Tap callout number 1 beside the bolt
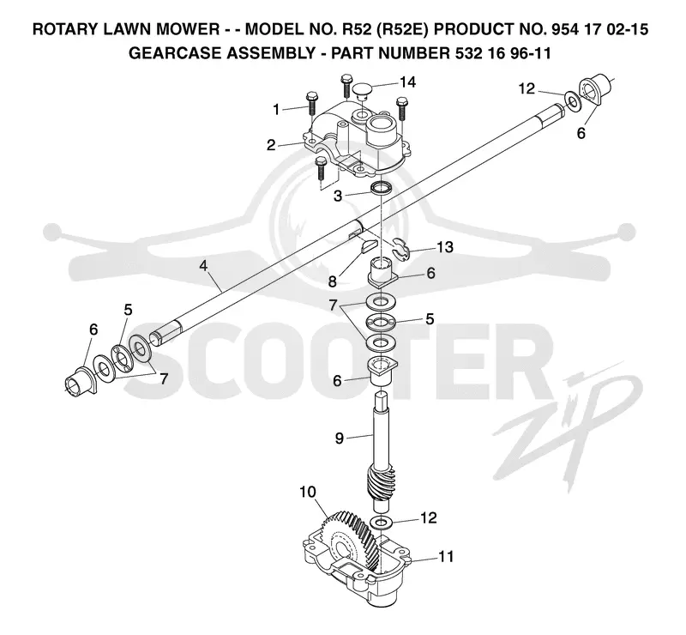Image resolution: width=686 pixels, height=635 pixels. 276,110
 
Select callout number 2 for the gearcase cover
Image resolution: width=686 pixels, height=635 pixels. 271,145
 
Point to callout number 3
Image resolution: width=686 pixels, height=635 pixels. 337,196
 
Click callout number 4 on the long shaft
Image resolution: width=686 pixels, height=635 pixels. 203,266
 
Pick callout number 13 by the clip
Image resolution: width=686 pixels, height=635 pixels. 445,247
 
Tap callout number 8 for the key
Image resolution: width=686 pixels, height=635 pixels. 333,281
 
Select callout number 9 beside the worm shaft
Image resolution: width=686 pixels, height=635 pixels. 340,438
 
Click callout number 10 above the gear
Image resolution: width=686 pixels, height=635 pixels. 308,492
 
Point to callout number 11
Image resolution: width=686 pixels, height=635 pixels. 446,557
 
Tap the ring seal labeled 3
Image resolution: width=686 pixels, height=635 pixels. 382,189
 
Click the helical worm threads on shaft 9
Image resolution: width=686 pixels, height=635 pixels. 382,482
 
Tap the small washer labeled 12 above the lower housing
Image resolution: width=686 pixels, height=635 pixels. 382,522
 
